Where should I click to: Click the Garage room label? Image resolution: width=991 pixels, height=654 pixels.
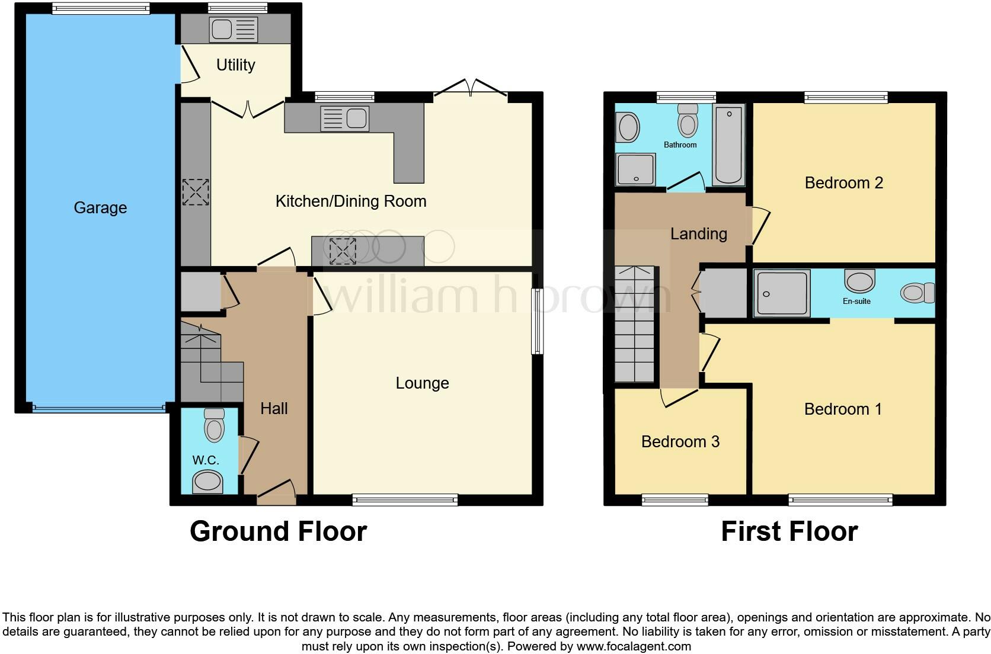[x=100, y=208]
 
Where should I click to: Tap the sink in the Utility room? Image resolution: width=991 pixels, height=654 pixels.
[x=234, y=30]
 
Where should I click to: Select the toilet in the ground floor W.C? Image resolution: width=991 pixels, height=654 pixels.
[x=214, y=425]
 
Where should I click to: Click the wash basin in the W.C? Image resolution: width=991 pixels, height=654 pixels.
[x=208, y=480]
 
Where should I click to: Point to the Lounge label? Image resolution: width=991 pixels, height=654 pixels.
[x=422, y=383]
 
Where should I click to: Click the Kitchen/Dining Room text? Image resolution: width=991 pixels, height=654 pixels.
[x=351, y=201]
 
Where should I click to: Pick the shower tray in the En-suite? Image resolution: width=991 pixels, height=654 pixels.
[x=782, y=293]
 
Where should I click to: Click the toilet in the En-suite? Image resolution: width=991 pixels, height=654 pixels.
[x=916, y=293]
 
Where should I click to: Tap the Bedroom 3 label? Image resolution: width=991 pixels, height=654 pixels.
[x=680, y=442]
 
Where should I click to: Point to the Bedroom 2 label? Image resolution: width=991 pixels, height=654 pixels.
[x=843, y=183]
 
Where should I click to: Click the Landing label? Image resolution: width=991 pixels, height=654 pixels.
[x=698, y=234]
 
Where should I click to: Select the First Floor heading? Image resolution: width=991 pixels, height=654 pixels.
[x=789, y=531]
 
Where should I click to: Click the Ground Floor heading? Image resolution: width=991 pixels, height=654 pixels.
[x=278, y=531]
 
